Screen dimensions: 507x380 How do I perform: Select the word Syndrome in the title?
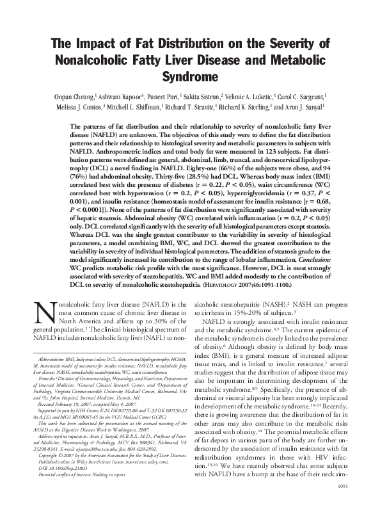pos(189,77)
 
